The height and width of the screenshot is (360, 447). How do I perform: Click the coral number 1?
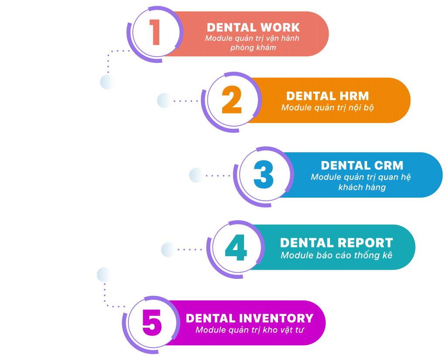click(155, 32)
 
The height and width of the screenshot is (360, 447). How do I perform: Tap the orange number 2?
click(232, 99)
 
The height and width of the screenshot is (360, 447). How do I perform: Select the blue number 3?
click(264, 174)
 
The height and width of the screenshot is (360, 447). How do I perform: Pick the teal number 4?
click(236, 248)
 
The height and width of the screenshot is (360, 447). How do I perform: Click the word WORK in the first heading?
click(280, 27)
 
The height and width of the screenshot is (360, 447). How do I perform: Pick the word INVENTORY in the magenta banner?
click(276, 319)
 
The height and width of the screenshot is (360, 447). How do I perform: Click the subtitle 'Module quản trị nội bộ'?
click(327, 108)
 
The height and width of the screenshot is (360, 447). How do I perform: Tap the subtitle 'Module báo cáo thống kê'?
click(337, 255)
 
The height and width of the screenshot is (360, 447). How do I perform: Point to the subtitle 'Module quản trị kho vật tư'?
click(249, 330)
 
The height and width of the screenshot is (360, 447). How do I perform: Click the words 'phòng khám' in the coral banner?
click(253, 48)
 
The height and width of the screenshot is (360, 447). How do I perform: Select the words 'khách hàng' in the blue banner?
click(362, 187)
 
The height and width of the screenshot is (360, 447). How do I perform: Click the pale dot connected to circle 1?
click(107, 82)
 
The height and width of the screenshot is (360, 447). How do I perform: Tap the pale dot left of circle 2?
click(165, 100)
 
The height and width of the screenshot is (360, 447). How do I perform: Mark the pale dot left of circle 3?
click(197, 175)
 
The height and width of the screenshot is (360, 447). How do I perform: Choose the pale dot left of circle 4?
click(168, 250)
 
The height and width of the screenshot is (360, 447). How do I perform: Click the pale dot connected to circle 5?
click(104, 275)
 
